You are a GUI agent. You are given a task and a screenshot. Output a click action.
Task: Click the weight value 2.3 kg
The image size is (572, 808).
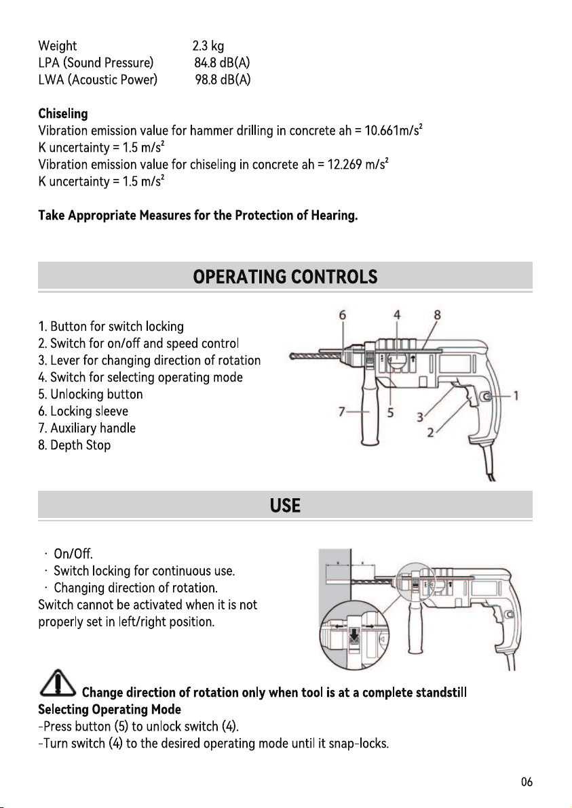tap(208, 46)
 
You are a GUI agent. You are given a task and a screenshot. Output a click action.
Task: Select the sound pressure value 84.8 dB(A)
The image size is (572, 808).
tap(223, 63)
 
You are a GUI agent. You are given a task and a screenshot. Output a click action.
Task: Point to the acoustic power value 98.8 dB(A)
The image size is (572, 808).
tap(223, 80)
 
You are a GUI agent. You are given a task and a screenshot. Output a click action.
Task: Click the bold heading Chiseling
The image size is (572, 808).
tap(63, 114)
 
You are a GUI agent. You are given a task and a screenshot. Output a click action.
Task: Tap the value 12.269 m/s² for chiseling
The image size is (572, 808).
tap(358, 165)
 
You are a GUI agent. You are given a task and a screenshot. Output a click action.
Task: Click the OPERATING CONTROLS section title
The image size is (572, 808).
tap(285, 277)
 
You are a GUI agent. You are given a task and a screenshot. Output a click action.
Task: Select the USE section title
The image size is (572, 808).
tap(285, 506)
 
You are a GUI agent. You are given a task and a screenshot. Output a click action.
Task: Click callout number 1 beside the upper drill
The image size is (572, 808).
tap(516, 396)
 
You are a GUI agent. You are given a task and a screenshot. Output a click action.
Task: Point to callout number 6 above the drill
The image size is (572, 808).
tap(343, 315)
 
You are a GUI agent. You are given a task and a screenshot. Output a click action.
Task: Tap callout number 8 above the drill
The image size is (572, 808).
tap(438, 315)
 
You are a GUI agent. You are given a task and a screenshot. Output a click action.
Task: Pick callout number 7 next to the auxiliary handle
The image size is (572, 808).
tap(341, 411)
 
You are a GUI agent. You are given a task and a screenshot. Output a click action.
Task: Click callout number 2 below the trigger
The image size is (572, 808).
tap(431, 433)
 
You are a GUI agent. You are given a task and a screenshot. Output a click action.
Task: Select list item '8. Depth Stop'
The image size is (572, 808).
tap(74, 445)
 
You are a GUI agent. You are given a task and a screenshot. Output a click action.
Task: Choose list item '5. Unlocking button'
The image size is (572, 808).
tap(90, 395)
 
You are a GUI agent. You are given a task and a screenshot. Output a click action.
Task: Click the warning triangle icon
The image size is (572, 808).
tap(58, 683)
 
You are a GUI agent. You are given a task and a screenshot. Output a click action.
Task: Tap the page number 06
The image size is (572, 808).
tap(527, 782)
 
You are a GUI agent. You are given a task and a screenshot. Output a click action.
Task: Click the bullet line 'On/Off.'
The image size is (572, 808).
tap(73, 554)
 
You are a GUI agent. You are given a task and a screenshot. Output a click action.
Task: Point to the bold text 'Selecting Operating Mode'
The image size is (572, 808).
tap(109, 710)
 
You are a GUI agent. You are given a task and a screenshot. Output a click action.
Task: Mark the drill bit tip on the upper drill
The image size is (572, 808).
tap(291, 357)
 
